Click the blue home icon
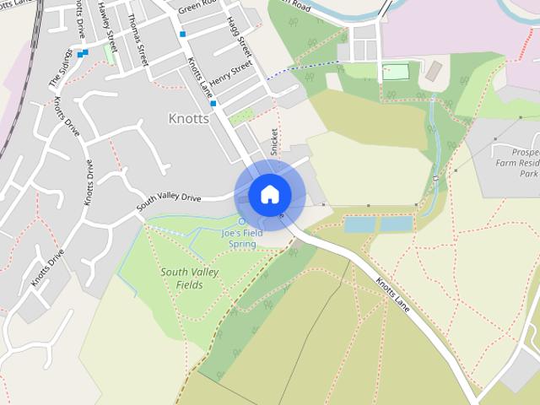pos(269,194)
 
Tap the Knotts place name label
pos(188,118)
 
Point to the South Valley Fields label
pos(190,278)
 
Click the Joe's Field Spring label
pos(243,238)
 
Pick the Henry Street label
pos(230,78)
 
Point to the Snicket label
pos(273,141)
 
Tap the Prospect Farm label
pos(518,154)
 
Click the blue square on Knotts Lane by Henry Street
pos(214,104)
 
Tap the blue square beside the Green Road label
pos(182,35)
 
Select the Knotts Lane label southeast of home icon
pos(392,294)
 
